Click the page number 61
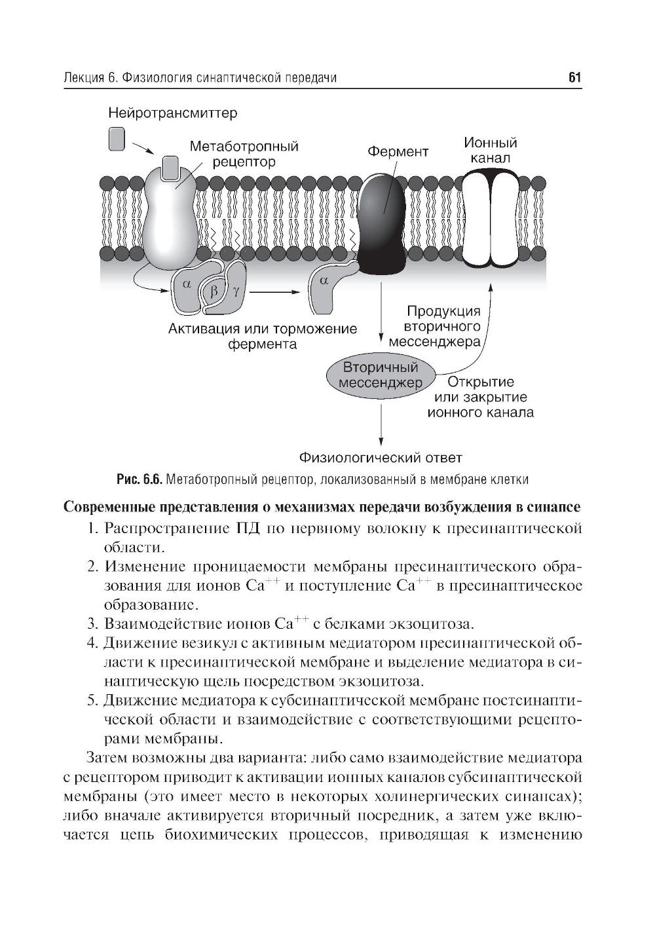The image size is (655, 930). point(574,78)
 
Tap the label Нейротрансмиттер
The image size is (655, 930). point(173,113)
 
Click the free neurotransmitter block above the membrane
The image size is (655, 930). point(117,139)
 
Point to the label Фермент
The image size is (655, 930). point(398,152)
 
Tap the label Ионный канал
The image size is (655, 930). point(490,150)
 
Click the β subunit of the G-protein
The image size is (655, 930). point(213,291)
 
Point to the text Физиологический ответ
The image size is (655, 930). point(381,457)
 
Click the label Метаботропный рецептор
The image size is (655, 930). point(244,154)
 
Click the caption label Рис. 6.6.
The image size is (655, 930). point(139,479)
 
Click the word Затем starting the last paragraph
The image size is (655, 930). point(108,758)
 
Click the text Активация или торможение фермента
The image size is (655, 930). point(263,336)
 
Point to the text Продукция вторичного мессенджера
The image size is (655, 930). point(434,326)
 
